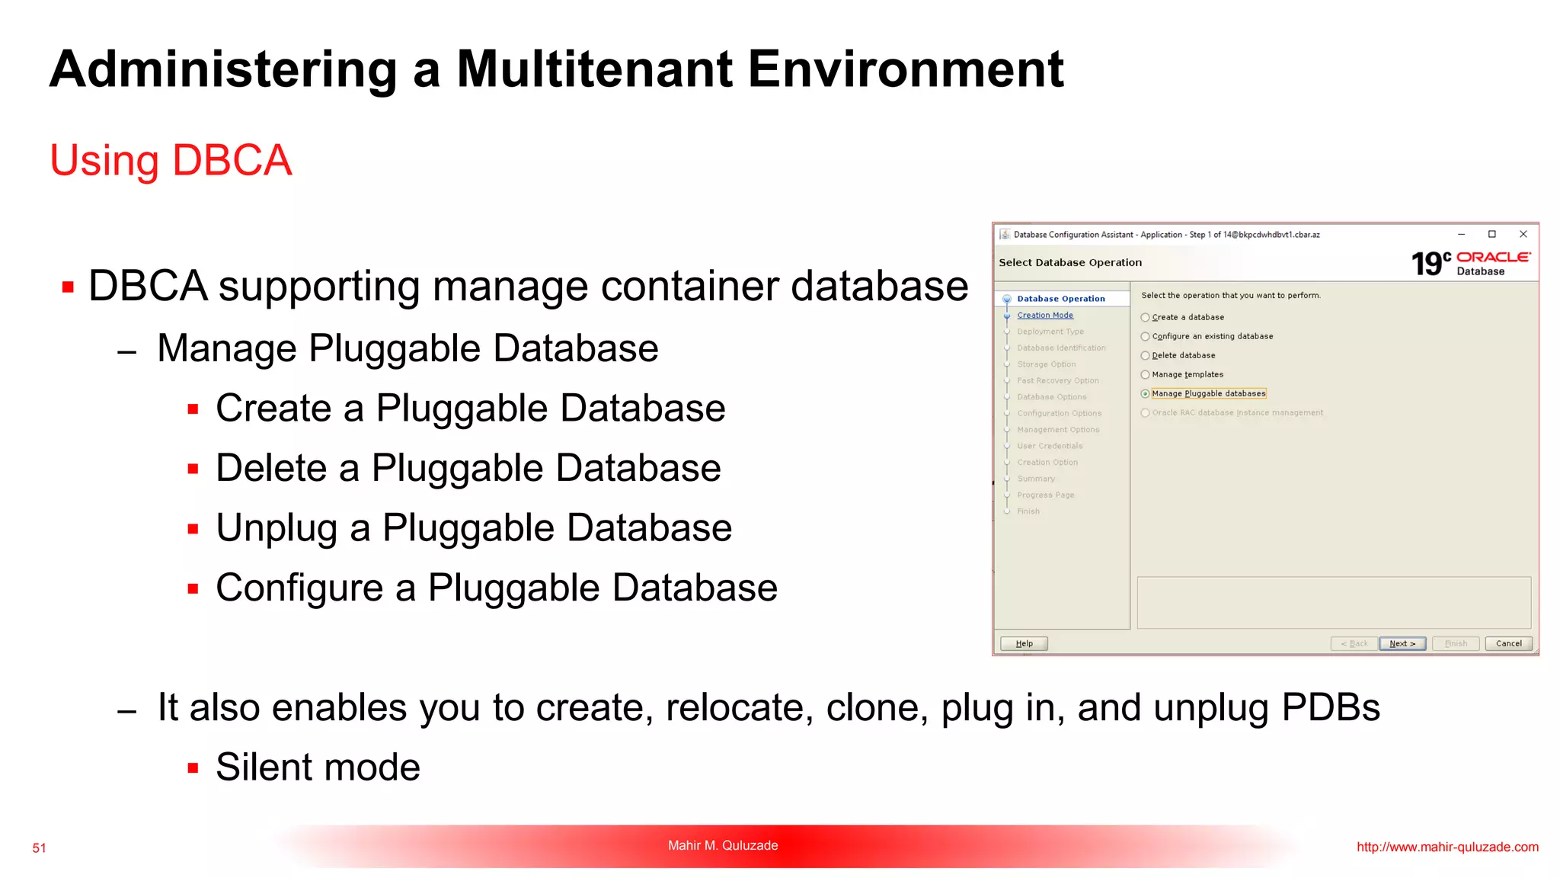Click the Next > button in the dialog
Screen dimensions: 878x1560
tap(1402, 644)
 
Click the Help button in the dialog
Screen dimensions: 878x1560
tap(1024, 644)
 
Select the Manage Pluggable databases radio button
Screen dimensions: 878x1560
tap(1145, 394)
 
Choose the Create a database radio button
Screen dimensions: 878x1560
tap(1145, 318)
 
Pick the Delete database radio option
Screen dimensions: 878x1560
tap(1145, 356)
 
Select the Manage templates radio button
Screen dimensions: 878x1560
tap(1145, 375)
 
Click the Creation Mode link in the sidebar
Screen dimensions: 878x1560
tap(1045, 316)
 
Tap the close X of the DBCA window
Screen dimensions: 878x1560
tap(1523, 234)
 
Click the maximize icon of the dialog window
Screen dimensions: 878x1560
tap(1492, 234)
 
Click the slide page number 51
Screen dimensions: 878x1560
tap(40, 848)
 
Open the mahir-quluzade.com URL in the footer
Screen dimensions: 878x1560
tap(1447, 848)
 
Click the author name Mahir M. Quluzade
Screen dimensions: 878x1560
tap(723, 845)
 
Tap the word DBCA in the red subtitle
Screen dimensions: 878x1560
tap(232, 161)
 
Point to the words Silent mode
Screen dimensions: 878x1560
tap(318, 767)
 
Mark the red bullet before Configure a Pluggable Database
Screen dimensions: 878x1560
tap(193, 589)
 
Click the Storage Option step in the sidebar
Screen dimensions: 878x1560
tap(1047, 364)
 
